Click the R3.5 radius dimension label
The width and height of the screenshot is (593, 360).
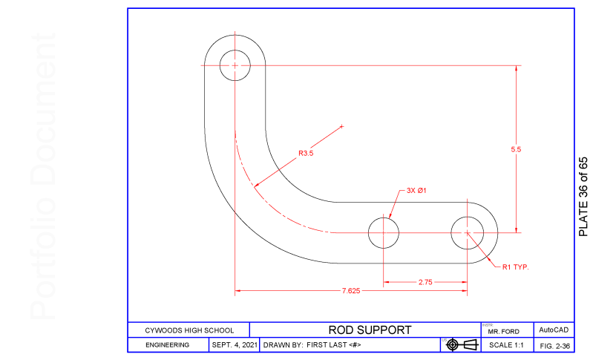pos(307,154)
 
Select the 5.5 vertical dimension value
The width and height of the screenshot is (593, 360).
pos(516,149)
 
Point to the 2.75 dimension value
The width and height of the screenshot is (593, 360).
pos(425,282)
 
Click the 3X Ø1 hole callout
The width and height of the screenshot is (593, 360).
pos(416,190)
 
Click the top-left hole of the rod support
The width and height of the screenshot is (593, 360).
pos(235,65)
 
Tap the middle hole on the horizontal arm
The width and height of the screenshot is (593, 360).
pos(384,232)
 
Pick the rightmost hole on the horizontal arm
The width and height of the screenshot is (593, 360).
pos(467,232)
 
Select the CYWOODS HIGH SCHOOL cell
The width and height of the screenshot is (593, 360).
pos(189,330)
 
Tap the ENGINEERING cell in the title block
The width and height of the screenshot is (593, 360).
pos(167,345)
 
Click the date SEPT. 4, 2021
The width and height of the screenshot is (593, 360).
pos(235,345)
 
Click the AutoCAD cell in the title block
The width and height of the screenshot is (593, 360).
pos(554,330)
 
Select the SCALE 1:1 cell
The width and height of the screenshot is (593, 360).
pos(506,345)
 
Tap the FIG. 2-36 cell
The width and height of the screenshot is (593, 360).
pos(554,345)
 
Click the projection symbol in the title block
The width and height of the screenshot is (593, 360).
pos(460,344)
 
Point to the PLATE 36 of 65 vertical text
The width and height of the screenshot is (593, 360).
pos(583,197)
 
